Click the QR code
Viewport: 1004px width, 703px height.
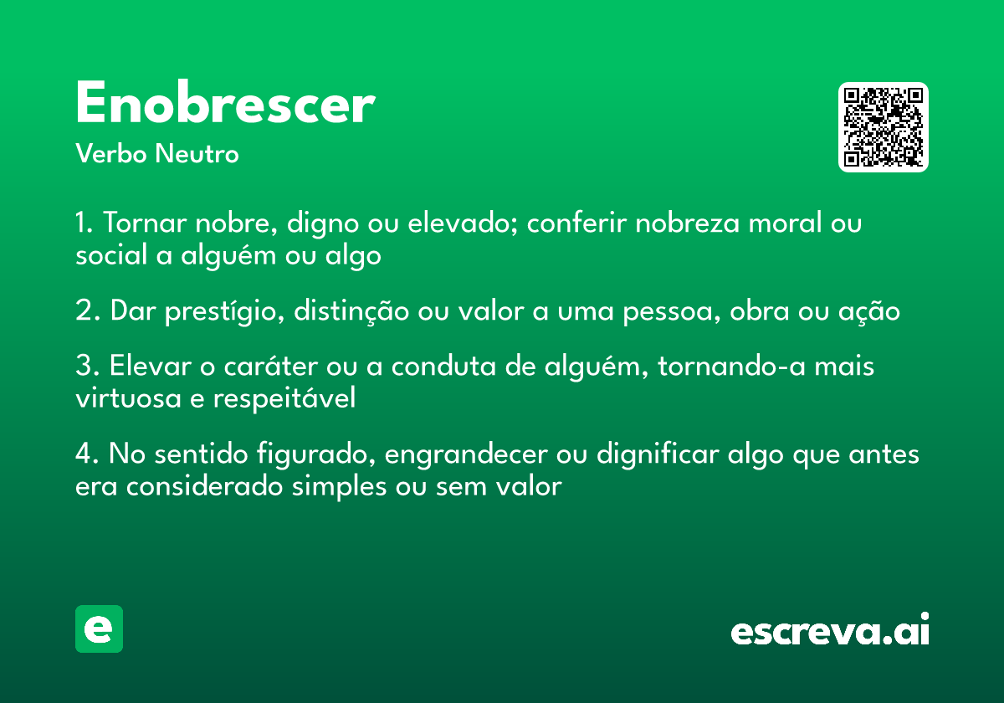[x=884, y=127]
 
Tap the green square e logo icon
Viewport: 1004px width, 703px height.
[x=99, y=629]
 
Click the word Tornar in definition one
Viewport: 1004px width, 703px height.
[x=145, y=224]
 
